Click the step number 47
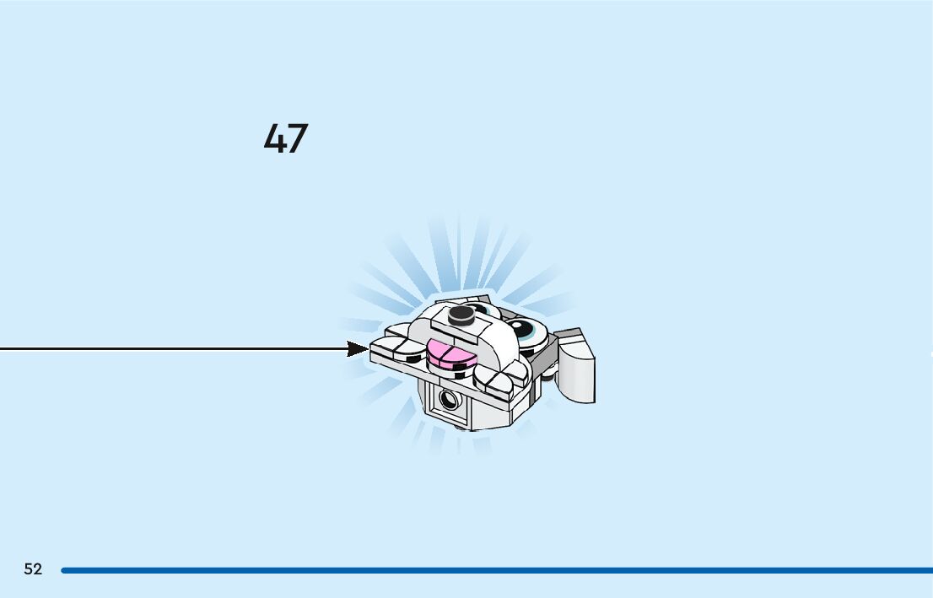286,138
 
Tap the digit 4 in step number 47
274,138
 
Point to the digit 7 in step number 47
298,138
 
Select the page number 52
33,569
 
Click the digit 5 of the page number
28,569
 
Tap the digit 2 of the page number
38,569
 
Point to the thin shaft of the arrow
169,348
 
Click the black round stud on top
461,315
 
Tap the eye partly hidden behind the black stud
482,311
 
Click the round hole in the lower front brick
449,399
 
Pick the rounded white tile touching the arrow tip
386,345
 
